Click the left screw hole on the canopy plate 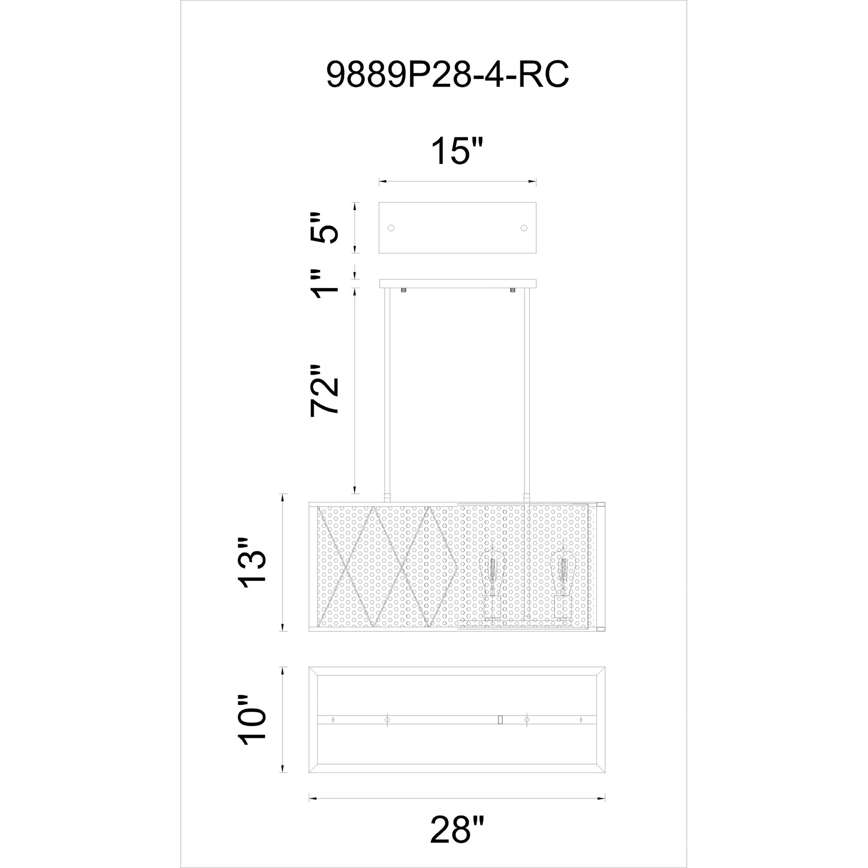391,228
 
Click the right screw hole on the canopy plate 523,228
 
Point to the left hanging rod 386,395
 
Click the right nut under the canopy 513,290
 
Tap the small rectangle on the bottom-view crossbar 500,720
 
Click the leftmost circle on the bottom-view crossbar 333,720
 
